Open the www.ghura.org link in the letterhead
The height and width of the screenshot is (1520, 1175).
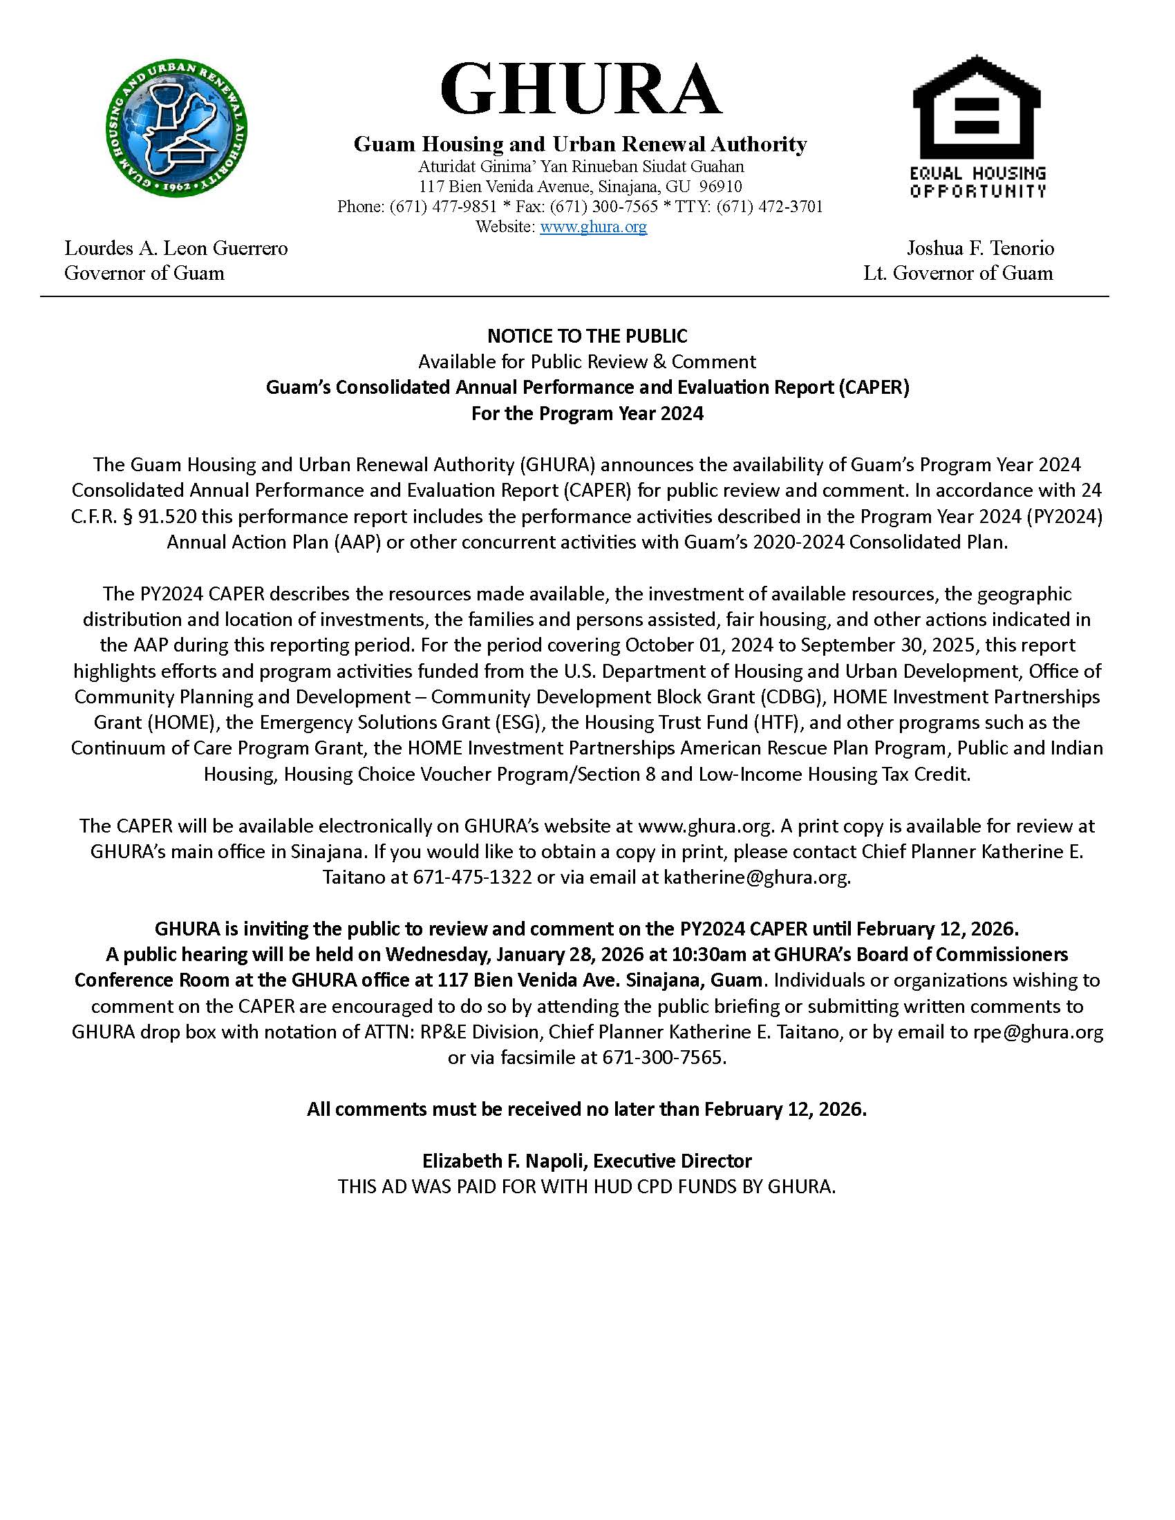[593, 226]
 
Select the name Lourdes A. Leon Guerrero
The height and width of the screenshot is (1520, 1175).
[176, 248]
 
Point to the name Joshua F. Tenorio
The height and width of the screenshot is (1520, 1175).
[980, 248]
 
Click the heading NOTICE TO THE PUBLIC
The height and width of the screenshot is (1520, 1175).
[587, 336]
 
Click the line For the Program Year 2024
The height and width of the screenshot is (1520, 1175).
[587, 413]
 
